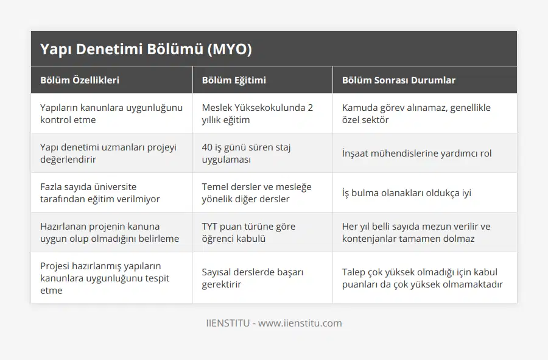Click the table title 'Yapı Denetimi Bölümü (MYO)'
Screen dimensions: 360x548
tap(146, 49)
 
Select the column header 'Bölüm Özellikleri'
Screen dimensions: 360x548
tap(80, 80)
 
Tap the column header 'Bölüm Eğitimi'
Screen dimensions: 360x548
tap(234, 80)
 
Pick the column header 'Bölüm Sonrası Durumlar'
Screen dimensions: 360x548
tap(399, 80)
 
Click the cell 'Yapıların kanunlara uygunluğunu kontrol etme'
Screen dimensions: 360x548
tap(111, 113)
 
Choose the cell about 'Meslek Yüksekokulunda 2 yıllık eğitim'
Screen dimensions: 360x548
tap(258, 113)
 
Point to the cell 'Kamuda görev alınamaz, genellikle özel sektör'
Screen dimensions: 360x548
tap(416, 113)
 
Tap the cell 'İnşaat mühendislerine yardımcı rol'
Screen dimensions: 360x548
tap(416, 154)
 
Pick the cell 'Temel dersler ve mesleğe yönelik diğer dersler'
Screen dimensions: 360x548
tap(256, 192)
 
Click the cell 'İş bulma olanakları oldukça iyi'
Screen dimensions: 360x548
tap(406, 193)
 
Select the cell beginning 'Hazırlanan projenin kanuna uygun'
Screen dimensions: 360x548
tap(110, 232)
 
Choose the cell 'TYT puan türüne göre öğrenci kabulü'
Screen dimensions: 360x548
tap(248, 232)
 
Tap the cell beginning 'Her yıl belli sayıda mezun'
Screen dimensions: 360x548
tap(416, 232)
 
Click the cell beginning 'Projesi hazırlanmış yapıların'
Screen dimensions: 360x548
tap(105, 278)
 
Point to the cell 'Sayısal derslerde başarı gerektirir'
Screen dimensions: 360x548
tap(253, 278)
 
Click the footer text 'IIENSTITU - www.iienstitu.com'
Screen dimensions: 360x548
tap(274, 323)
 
